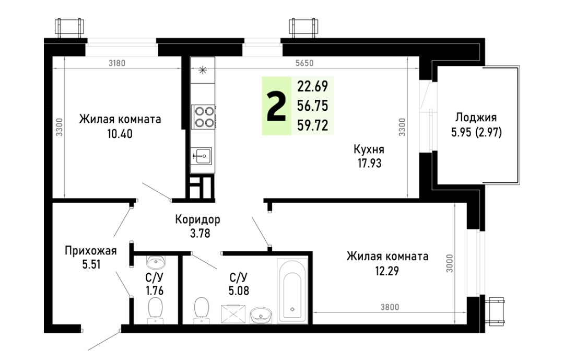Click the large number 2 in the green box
[x=276, y=106]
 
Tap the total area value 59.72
[x=313, y=125]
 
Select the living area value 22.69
[x=313, y=86]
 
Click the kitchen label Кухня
[x=369, y=149]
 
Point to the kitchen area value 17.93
[x=369, y=164]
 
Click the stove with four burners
[x=203, y=117]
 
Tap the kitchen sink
[x=202, y=156]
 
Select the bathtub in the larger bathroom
[x=292, y=291]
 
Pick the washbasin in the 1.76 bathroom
[x=156, y=262]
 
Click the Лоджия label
[x=476, y=118]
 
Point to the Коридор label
[x=198, y=219]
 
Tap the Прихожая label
[x=91, y=251]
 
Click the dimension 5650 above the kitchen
[x=304, y=63]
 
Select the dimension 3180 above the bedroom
[x=117, y=63]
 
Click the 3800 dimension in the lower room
[x=390, y=307]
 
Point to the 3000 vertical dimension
[x=450, y=263]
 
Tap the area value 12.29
[x=387, y=271]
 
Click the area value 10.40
[x=120, y=134]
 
